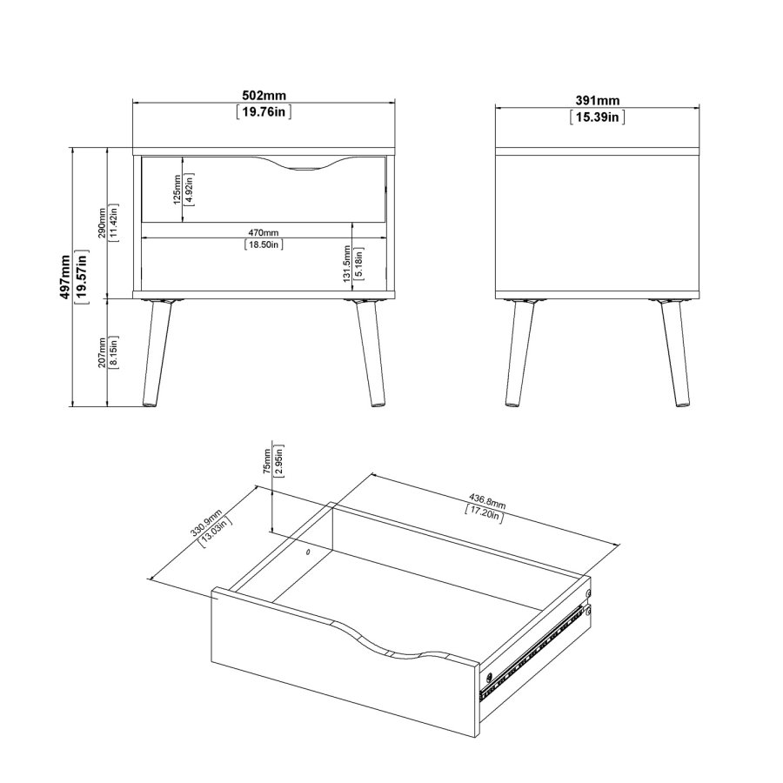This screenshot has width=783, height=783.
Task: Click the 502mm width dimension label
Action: click(x=264, y=95)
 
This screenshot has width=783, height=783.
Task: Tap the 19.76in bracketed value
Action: click(x=264, y=111)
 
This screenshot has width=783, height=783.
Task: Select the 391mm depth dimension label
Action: click(x=597, y=100)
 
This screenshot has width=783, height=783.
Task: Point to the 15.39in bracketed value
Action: click(x=597, y=117)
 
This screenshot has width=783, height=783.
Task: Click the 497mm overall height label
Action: click(x=65, y=278)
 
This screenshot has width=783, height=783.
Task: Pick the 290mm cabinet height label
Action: click(x=102, y=223)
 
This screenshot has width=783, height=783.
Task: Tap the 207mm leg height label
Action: click(x=102, y=352)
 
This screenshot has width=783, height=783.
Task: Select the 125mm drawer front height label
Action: click(x=177, y=190)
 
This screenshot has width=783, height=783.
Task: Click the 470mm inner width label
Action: click(x=264, y=232)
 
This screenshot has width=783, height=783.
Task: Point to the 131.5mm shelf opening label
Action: click(x=347, y=264)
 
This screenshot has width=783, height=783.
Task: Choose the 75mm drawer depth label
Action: click(x=267, y=461)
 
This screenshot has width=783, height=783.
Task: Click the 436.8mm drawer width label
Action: click(x=487, y=501)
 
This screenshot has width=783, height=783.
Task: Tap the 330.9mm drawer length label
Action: click(x=205, y=523)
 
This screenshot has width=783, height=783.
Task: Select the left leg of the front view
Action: click(x=156, y=353)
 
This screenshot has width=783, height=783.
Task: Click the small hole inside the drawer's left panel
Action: click(x=307, y=552)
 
